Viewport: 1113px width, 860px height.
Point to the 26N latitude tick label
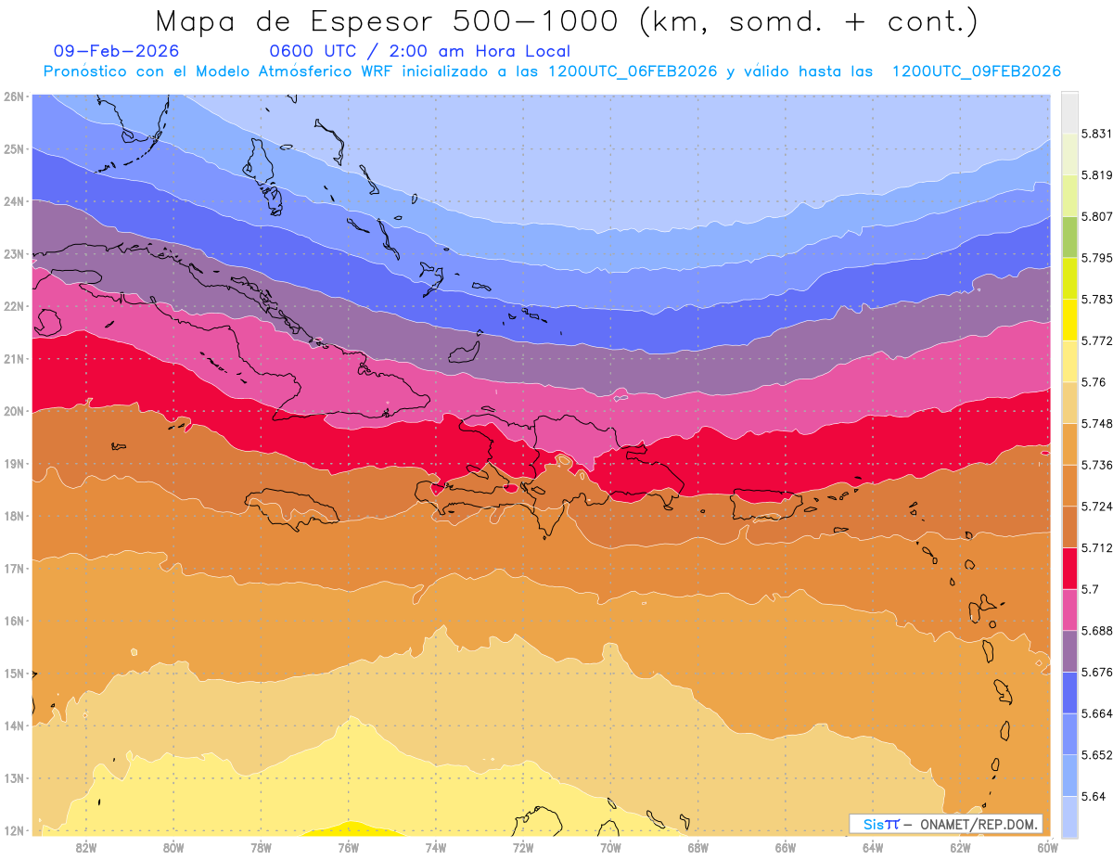[14, 96]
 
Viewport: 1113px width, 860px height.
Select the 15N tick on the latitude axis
[14, 674]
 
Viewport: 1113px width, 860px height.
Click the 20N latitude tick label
[14, 411]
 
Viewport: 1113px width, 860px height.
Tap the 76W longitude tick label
[348, 847]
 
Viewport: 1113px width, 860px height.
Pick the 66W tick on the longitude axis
[786, 847]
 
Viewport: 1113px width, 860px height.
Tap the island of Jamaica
[292, 508]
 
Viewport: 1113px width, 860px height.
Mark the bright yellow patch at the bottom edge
[351, 828]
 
